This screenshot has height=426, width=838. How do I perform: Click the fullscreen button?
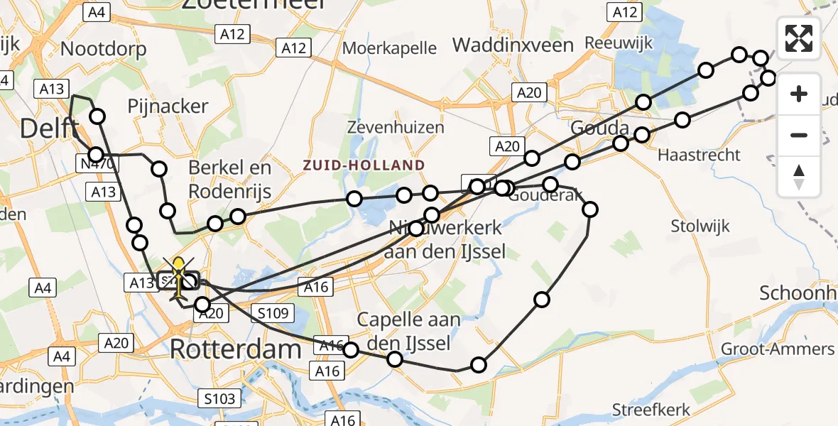point(799,38)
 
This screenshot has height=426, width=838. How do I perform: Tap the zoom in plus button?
point(799,94)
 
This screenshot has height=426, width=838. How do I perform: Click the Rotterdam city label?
point(236,349)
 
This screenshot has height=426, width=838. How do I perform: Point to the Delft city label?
point(48,129)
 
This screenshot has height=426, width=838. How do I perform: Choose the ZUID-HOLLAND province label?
point(364,165)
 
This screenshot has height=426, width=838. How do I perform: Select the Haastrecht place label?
point(699,155)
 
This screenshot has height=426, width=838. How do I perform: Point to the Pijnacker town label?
point(168,106)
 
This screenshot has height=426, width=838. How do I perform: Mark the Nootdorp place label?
point(104,49)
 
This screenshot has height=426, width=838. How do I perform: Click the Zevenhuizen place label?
point(396,128)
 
